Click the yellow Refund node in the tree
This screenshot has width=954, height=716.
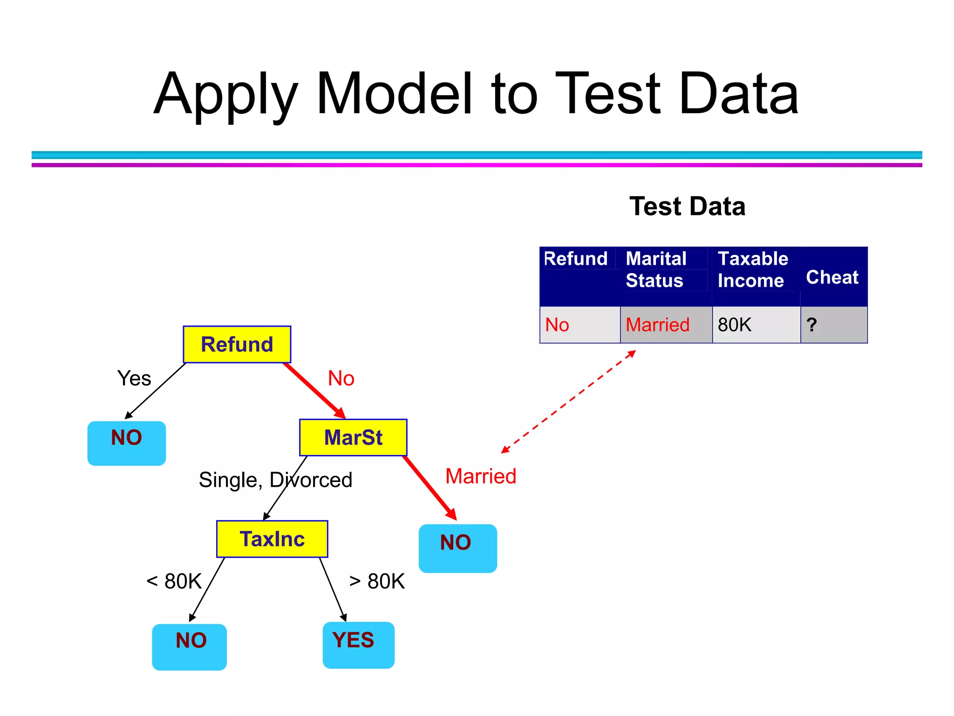point(237,344)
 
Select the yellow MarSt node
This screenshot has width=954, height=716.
point(353,437)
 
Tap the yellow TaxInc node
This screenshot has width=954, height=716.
point(272,539)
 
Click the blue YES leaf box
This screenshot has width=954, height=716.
point(358,645)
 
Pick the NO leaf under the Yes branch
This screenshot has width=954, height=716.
point(127,443)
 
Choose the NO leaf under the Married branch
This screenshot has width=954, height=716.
point(457,548)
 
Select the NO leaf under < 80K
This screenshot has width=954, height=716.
point(190,647)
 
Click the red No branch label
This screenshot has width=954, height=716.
point(341,378)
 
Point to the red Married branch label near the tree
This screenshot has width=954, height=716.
point(481,476)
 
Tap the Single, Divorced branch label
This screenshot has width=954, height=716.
point(275,480)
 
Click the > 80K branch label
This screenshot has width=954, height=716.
point(377,581)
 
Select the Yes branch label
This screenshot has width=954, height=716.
point(134,378)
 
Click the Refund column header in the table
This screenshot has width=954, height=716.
point(576,259)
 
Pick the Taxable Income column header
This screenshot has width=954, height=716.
point(752,270)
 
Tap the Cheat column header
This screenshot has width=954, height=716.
point(832,277)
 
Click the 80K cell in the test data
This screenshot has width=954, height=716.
point(735,325)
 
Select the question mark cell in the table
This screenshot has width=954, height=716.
point(811,325)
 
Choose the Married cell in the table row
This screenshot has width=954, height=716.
point(657,325)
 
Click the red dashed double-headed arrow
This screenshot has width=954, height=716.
point(569,401)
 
